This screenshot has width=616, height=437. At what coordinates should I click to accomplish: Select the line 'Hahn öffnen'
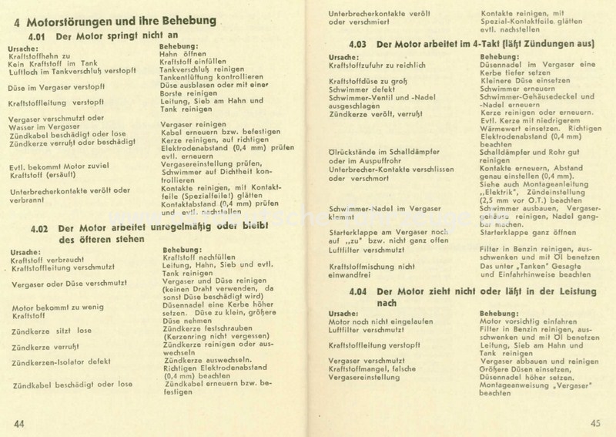pyautogui.click(x=182, y=54)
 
